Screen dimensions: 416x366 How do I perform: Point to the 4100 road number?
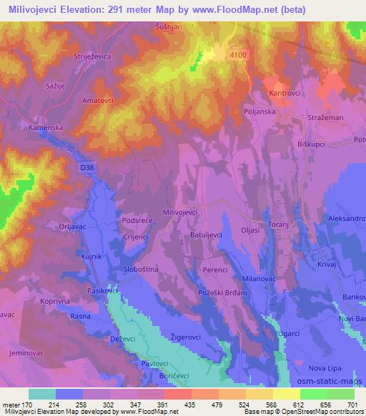click(x=239, y=54)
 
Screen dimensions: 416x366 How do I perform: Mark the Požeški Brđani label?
click(x=222, y=294)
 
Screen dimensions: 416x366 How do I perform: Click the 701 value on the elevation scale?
click(x=352, y=405)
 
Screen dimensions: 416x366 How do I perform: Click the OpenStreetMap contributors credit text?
click(x=322, y=412)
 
